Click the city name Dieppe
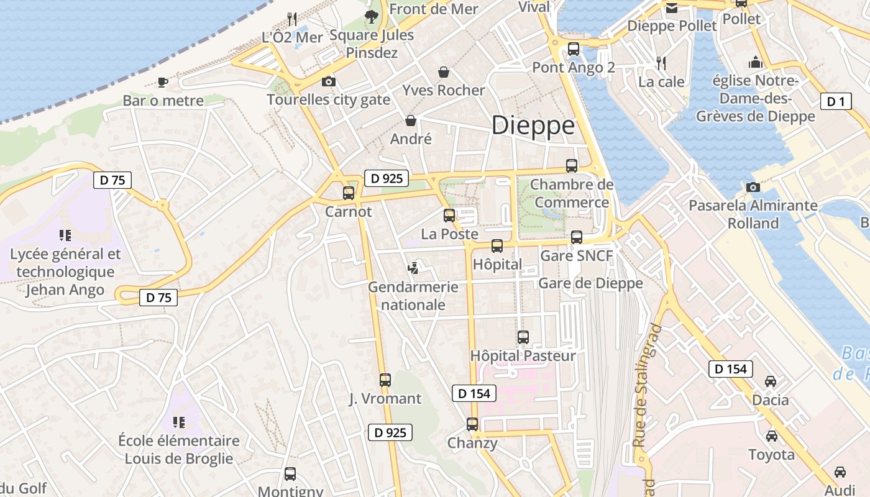(x=533, y=125)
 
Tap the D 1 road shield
(x=835, y=101)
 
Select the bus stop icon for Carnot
(x=349, y=193)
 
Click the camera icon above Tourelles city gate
(x=329, y=81)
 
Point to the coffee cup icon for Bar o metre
(x=163, y=81)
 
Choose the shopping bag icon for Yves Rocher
(x=444, y=72)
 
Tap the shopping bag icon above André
(x=411, y=121)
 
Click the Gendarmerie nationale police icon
(x=413, y=268)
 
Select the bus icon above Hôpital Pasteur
(x=523, y=337)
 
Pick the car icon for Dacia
(x=771, y=381)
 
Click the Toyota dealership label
(x=771, y=455)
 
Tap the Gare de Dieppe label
(x=590, y=283)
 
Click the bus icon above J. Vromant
(x=385, y=380)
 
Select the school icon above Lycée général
(x=65, y=235)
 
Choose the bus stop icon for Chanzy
(x=472, y=424)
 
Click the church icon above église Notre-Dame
(x=755, y=62)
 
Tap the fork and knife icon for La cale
(x=662, y=63)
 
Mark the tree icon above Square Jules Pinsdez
(x=372, y=17)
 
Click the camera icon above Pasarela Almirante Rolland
(x=753, y=187)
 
